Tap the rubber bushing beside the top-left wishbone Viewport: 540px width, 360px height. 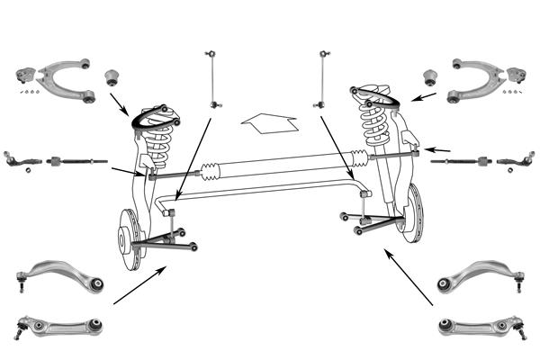click(x=113, y=74)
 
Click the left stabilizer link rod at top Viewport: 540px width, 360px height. click(x=212, y=76)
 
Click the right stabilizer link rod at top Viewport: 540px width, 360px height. click(x=320, y=76)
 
